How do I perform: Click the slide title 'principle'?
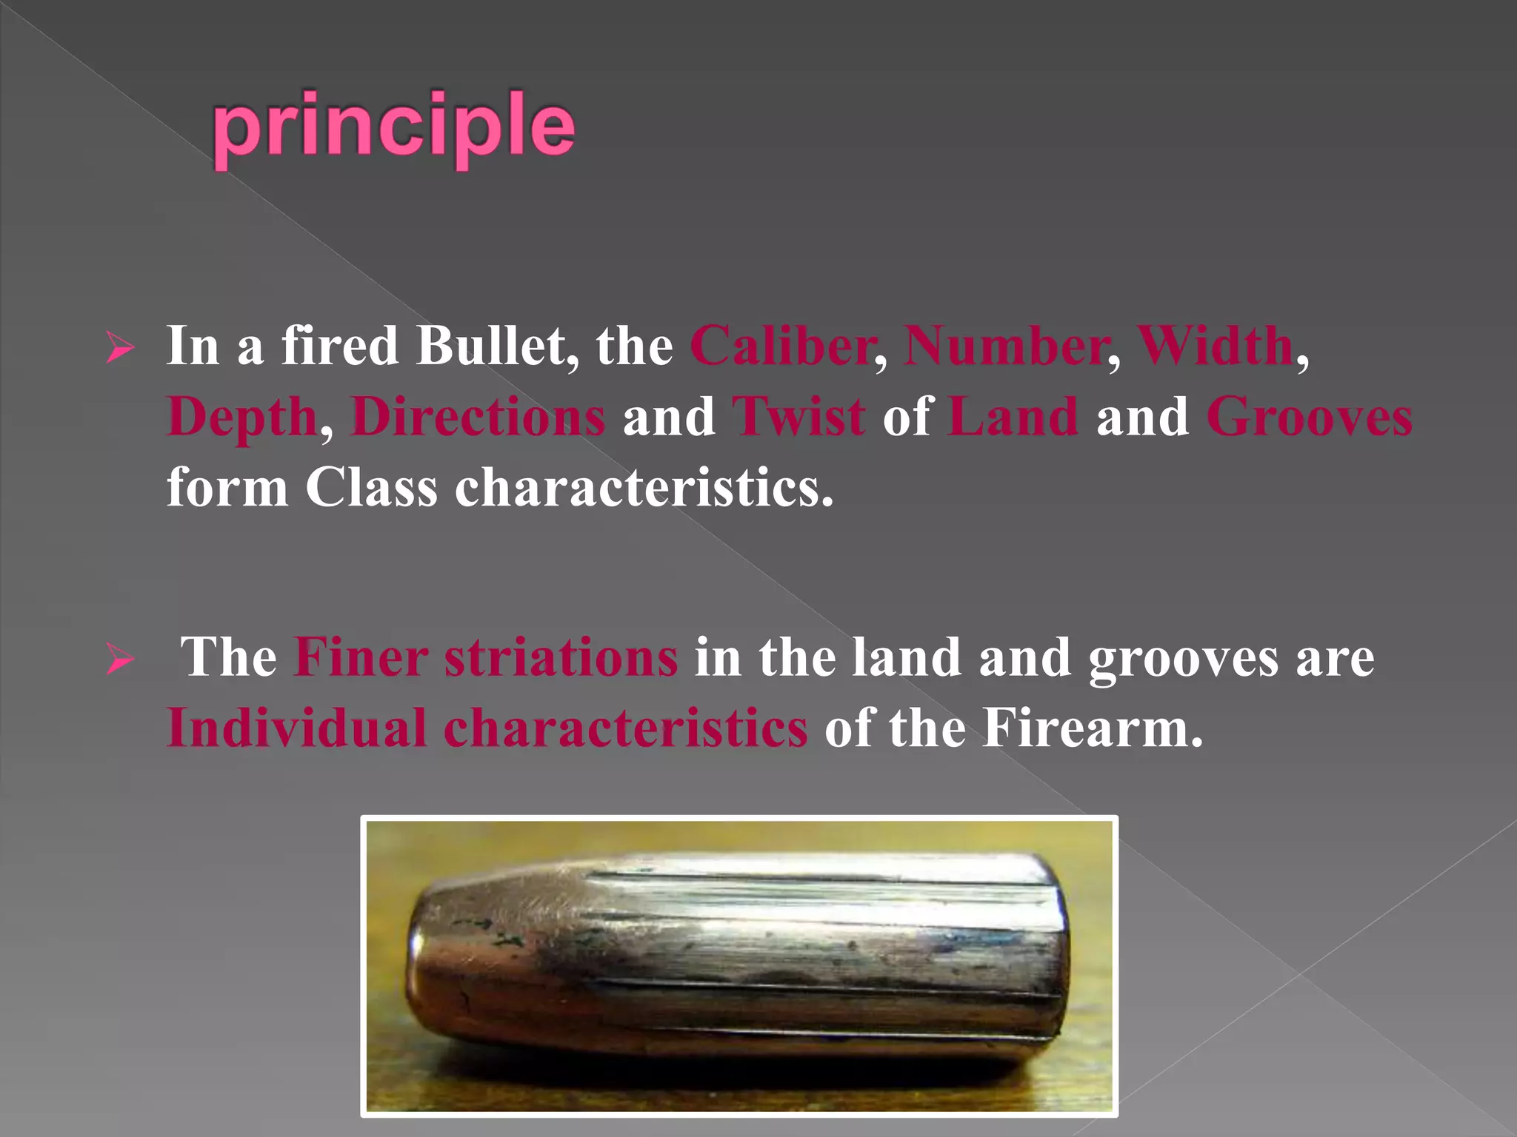[393, 127]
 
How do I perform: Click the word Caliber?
[782, 346]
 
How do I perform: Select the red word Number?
[1006, 346]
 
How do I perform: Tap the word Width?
[1216, 346]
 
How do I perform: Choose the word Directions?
[479, 417]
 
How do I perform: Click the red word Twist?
[798, 417]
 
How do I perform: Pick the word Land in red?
[1013, 417]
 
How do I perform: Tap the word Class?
[371, 488]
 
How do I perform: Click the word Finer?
[361, 657]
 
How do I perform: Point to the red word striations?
[561, 657]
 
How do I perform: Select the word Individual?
[297, 728]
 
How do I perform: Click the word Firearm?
[1093, 728]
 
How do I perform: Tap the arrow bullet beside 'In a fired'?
[120, 348]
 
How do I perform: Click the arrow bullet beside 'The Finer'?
[120, 659]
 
